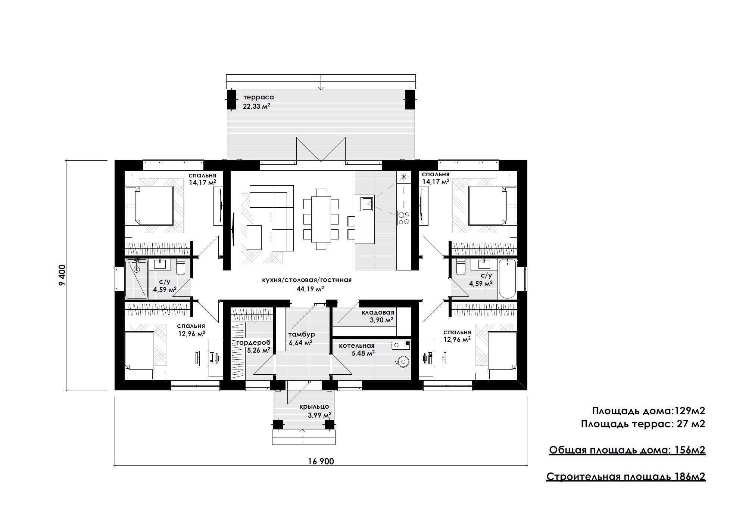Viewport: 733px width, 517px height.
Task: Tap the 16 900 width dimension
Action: coord(321,461)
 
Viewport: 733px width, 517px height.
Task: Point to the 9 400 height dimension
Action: coord(62,275)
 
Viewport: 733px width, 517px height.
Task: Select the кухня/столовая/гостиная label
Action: coord(307,280)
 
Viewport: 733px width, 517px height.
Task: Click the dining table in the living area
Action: coord(321,219)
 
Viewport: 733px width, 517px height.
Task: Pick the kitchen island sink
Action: coord(366,204)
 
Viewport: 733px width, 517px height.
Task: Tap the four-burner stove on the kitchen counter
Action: coord(403,218)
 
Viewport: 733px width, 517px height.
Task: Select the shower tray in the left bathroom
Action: coord(137,279)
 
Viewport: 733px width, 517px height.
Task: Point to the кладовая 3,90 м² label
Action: coord(378,316)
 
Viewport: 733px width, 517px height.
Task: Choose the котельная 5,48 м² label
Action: coord(357,349)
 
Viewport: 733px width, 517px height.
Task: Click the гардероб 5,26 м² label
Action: coord(253,346)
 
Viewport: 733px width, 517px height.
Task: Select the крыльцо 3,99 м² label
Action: coord(314,411)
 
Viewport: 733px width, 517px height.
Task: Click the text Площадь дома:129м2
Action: coord(649,411)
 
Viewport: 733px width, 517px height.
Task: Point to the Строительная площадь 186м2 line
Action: coord(626,477)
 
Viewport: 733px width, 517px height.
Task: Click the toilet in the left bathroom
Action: coord(181,267)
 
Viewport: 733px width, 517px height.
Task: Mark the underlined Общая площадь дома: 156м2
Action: coord(627,451)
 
